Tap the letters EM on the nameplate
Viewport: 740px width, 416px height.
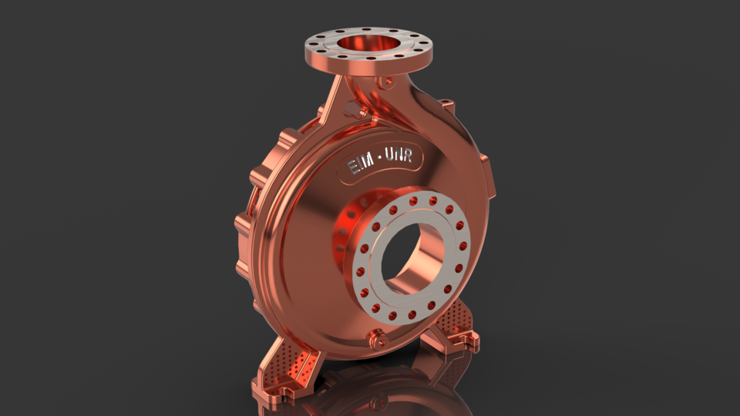pos(358,164)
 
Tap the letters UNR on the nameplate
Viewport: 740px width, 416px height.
pos(399,159)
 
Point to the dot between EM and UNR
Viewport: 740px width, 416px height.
pos(378,162)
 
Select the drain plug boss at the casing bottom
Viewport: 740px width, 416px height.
pos(378,336)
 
